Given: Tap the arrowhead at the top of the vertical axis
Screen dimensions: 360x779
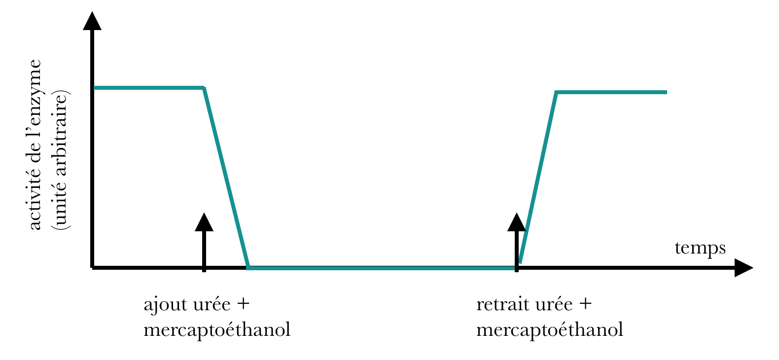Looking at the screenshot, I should (92, 21).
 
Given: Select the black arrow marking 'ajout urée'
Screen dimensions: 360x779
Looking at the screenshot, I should (204, 242).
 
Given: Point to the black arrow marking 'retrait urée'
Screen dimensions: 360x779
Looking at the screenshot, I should (517, 242).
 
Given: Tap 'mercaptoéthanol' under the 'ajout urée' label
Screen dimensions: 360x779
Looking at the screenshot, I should (217, 329).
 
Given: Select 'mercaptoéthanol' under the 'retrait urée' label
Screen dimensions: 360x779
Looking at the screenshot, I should (550, 329).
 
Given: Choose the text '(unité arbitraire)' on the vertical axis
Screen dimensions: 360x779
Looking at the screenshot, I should (62, 160).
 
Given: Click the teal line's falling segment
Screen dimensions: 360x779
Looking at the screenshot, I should (226, 178).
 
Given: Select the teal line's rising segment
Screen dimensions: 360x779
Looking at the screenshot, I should (538, 178).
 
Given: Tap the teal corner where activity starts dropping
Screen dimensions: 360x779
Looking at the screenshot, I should (204, 88).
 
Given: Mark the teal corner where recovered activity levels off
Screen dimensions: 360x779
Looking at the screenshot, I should (556, 92).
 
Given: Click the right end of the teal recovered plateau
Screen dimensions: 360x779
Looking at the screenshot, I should (666, 92).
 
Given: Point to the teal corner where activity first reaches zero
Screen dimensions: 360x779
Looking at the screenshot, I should (248, 267).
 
